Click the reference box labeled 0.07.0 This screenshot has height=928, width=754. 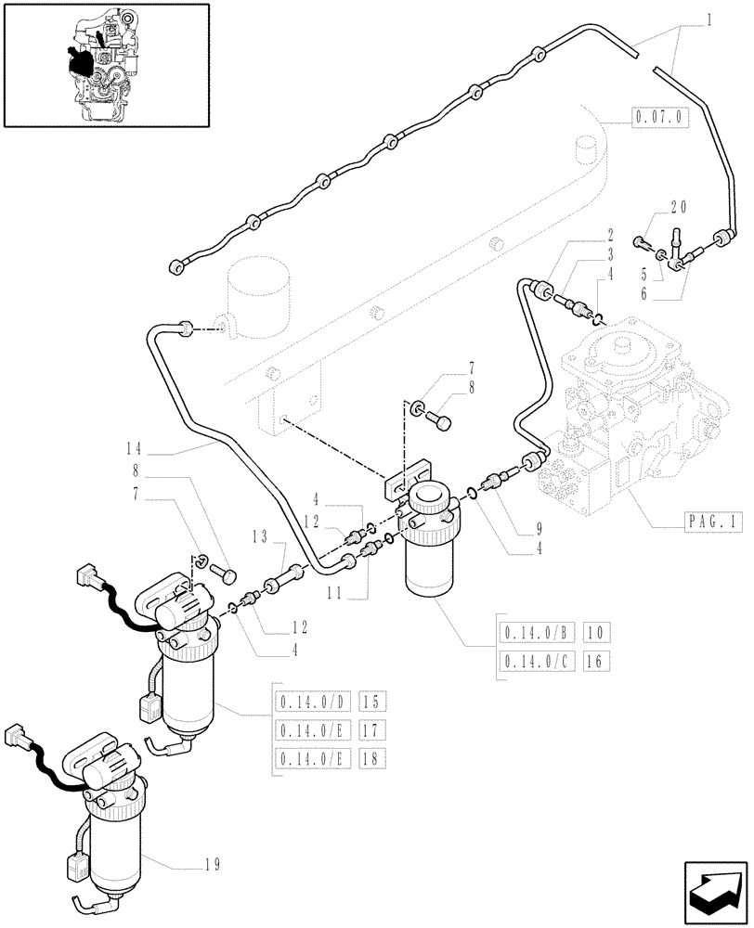tap(658, 118)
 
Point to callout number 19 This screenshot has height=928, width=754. tap(213, 865)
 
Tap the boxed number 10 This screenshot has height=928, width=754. tap(594, 633)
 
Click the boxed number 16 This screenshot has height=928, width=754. tap(594, 661)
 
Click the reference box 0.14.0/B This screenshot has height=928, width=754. tap(537, 633)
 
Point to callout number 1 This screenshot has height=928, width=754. tap(708, 18)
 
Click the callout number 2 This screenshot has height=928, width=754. tap(610, 234)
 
